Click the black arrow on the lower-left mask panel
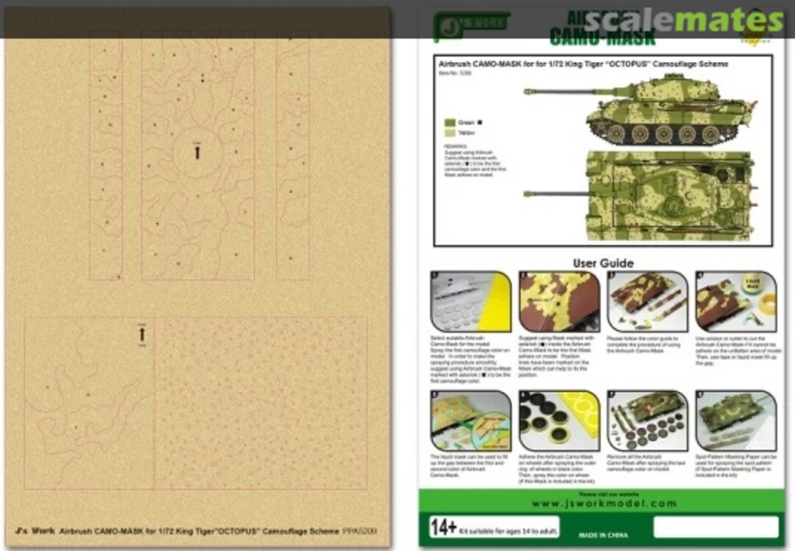click(x=142, y=334)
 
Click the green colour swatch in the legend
click(x=449, y=123)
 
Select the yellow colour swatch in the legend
click(x=449, y=133)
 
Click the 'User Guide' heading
click(x=603, y=263)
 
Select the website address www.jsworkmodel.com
click(x=603, y=504)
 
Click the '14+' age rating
click(x=445, y=527)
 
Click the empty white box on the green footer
click(x=715, y=527)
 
